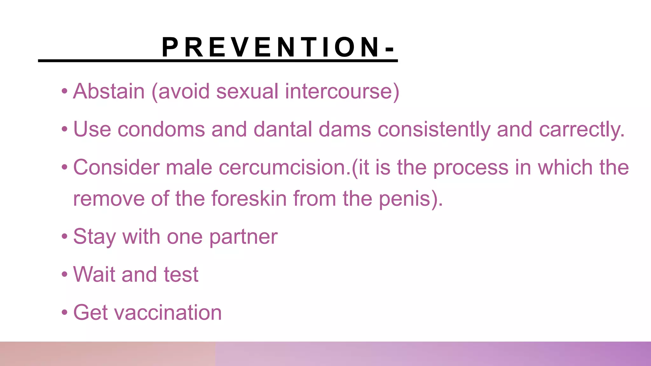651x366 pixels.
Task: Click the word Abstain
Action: [x=109, y=91]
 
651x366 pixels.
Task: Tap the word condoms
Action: [x=161, y=130]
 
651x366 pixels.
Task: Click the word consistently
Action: [x=434, y=130]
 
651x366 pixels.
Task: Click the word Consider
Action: [x=116, y=167]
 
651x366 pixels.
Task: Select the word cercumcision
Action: [x=284, y=167]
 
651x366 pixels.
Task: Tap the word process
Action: [x=471, y=167]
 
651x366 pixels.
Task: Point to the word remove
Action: [x=109, y=199]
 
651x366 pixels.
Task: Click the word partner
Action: [x=243, y=237]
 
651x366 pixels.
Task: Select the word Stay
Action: [x=94, y=237]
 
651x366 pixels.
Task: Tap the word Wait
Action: [x=94, y=274]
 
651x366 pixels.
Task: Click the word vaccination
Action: [x=168, y=313]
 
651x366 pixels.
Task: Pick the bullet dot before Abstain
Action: [x=65, y=91]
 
